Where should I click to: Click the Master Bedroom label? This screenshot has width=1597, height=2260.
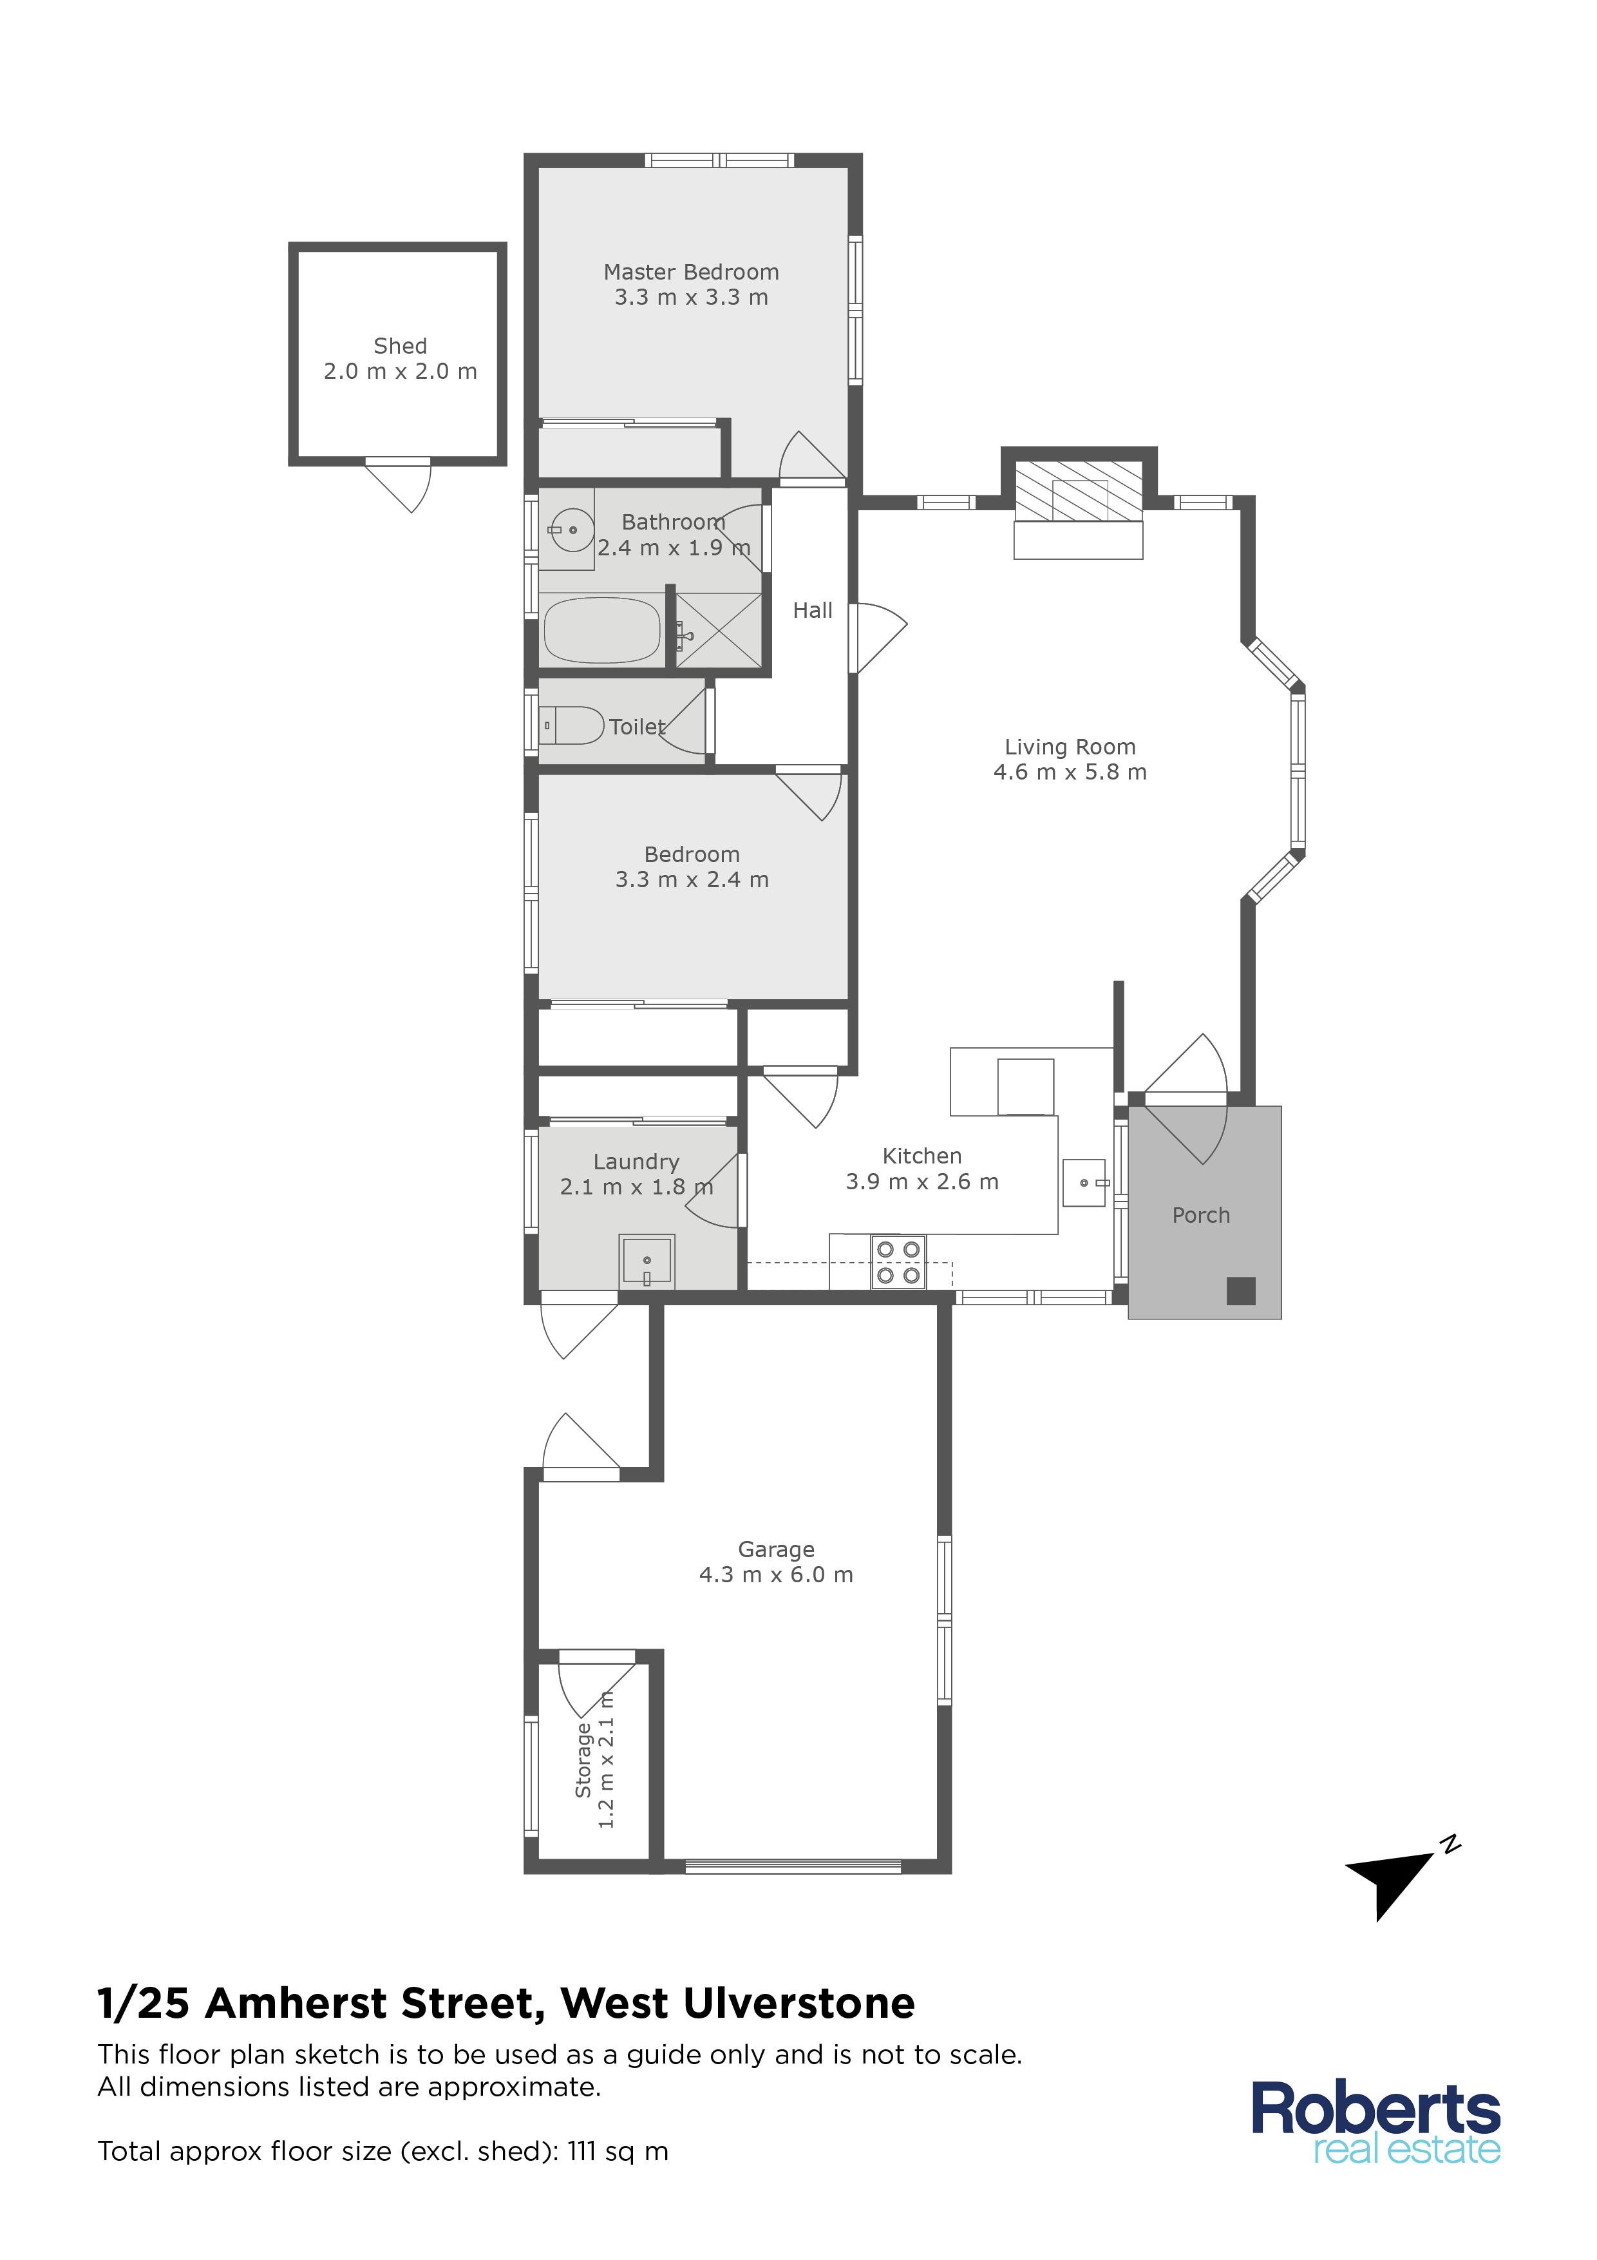tap(691, 272)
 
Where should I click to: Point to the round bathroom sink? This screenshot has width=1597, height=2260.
tap(571, 531)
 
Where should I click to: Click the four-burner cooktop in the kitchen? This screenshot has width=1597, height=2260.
tap(898, 1262)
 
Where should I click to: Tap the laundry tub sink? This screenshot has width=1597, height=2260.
tap(647, 1261)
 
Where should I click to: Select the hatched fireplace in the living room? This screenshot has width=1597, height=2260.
tap(1079, 490)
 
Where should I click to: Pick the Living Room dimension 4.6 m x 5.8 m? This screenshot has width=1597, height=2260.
tap(1070, 772)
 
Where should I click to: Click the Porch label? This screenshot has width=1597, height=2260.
tap(1200, 1216)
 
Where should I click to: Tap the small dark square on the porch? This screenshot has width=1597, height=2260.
tap(1241, 1290)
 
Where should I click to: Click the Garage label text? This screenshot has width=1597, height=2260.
tap(777, 1549)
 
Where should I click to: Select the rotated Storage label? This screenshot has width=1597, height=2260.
tap(583, 1760)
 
